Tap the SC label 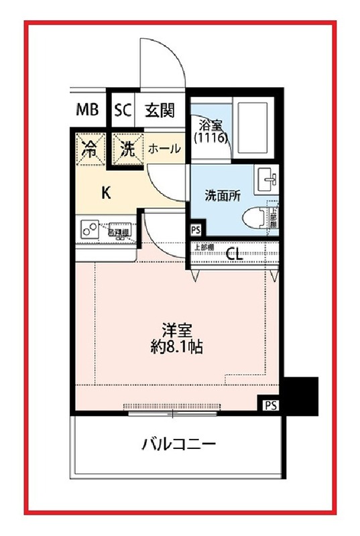pos(122,110)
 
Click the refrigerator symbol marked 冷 pos(88,149)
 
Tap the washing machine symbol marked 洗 pos(127,149)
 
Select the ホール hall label pos(164,149)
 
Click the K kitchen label pos(105,193)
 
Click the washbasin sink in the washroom pos(269,179)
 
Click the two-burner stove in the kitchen pos(88,229)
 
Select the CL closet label pos(234,253)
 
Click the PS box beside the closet pos(196,229)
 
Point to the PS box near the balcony pos(269,405)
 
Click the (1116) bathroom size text pos(211,137)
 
